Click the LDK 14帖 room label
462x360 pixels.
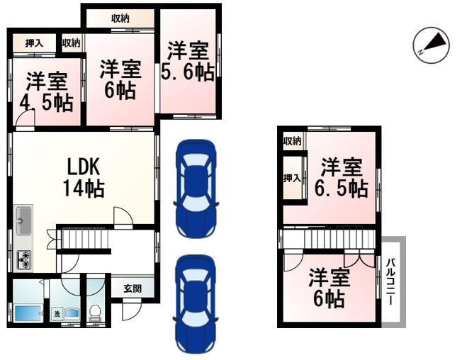tap(84, 177)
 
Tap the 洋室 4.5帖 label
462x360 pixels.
tap(47, 92)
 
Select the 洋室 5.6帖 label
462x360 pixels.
tap(188, 62)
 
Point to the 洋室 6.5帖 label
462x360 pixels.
tap(342, 178)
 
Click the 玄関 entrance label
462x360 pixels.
tap(133, 288)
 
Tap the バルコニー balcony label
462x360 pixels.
tap(390, 281)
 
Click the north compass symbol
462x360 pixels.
tap(432, 45)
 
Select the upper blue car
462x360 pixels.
tap(196, 189)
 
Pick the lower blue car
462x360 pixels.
tap(196, 304)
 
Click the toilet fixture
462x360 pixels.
tap(94, 313)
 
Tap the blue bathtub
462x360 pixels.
tap(28, 314)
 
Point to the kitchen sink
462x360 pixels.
tap(23, 220)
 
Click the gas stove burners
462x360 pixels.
tap(23, 259)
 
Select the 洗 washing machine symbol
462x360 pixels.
tap(57, 314)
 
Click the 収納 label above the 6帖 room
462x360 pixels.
tap(120, 19)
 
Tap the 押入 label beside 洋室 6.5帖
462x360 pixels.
tap(292, 178)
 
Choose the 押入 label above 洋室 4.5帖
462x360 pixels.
tap(34, 44)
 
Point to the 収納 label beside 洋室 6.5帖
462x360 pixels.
tap(292, 142)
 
